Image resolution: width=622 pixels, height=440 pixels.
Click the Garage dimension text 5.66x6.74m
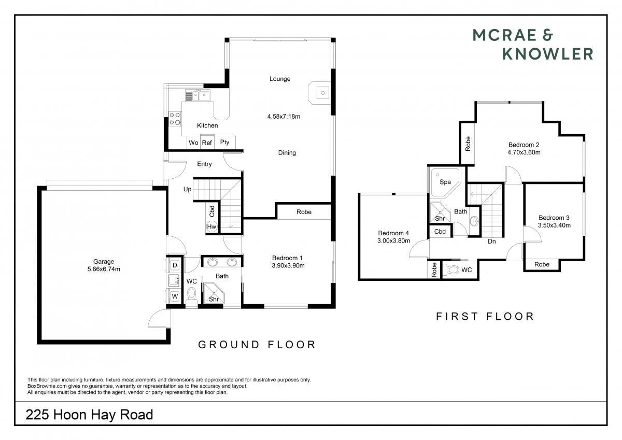pos(104,269)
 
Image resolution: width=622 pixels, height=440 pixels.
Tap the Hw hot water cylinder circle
pos(211,226)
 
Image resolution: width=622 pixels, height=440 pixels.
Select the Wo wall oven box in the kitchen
pos(193,143)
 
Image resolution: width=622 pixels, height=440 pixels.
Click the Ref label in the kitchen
pos(207,143)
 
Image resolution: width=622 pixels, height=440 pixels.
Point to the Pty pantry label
pos(224,142)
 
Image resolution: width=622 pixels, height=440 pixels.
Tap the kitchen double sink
pos(197,96)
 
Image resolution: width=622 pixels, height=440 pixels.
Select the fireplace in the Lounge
pos(320,93)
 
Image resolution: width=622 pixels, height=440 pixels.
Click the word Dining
pos(287,153)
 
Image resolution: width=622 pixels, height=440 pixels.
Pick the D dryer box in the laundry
pos(175,265)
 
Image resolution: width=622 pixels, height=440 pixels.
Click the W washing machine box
pos(175,296)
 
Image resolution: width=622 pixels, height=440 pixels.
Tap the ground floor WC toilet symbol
pos(191,295)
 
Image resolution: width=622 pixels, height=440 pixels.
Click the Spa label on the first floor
pos(445,182)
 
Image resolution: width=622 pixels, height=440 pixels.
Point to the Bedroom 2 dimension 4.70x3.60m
pos(524,152)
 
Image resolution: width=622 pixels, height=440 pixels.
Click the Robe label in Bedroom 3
pos(542,264)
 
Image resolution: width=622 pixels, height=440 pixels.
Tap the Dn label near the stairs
pos(492,242)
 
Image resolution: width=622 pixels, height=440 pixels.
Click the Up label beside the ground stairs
pos(188,189)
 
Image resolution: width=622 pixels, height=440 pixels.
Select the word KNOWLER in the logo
pos(548,54)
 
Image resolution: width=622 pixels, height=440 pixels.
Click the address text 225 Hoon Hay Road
pos(89,415)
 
